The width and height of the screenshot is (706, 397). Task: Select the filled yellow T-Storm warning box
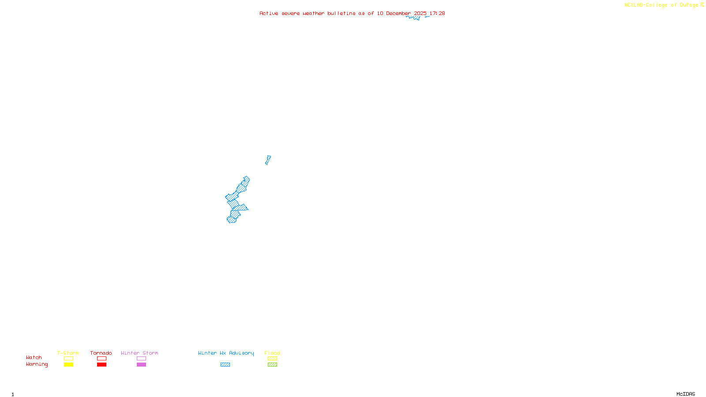pos(68,365)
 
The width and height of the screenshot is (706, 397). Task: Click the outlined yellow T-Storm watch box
pos(68,359)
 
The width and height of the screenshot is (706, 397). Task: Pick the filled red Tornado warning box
pos(101,365)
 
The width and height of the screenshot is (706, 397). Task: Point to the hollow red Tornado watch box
pos(101,359)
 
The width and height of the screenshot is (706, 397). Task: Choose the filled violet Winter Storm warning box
pos(141,365)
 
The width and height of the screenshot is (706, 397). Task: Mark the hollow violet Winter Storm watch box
pos(141,359)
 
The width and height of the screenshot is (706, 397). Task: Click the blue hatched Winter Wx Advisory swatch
pos(225,365)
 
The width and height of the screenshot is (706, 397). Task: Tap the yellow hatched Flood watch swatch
pos(272,359)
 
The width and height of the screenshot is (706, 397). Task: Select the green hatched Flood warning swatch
pos(272,365)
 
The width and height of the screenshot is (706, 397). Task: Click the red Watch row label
pos(34,358)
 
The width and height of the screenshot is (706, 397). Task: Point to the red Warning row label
pos(37,364)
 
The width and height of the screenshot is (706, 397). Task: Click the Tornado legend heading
pos(101,353)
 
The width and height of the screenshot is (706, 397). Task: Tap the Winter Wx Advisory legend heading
pos(226,353)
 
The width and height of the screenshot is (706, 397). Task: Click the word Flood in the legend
pos(272,353)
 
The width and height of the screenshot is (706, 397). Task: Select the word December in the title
pos(398,14)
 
